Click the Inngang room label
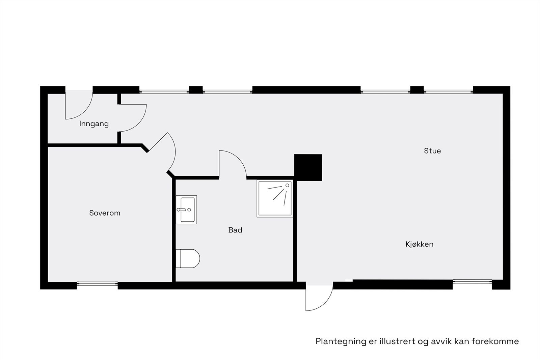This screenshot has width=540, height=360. tap(94, 124)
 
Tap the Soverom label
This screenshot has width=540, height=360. tap(105, 213)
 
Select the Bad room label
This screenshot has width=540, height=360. tap(235, 230)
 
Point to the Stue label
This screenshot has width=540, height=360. tap(432, 151)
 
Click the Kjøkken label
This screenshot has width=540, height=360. tap(419, 244)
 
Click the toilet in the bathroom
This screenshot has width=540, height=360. tap(188, 258)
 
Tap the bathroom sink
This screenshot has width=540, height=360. tap(186, 210)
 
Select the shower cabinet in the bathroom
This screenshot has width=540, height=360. tap(275, 198)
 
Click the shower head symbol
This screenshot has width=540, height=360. tap(287, 185)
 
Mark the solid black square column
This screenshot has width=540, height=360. tap(308, 167)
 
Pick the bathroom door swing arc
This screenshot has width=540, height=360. tap(234, 162)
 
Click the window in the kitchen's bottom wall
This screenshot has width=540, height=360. tap(472, 281)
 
